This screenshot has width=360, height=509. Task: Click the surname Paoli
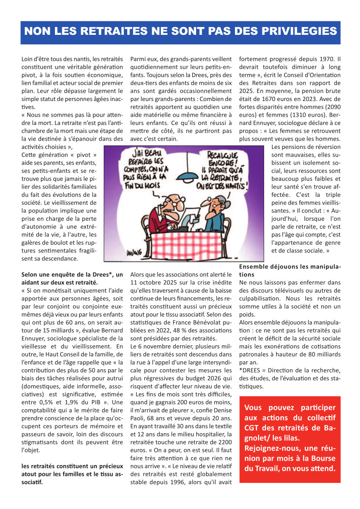(x=139, y=418)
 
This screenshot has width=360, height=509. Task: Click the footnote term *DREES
(x=251, y=370)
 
